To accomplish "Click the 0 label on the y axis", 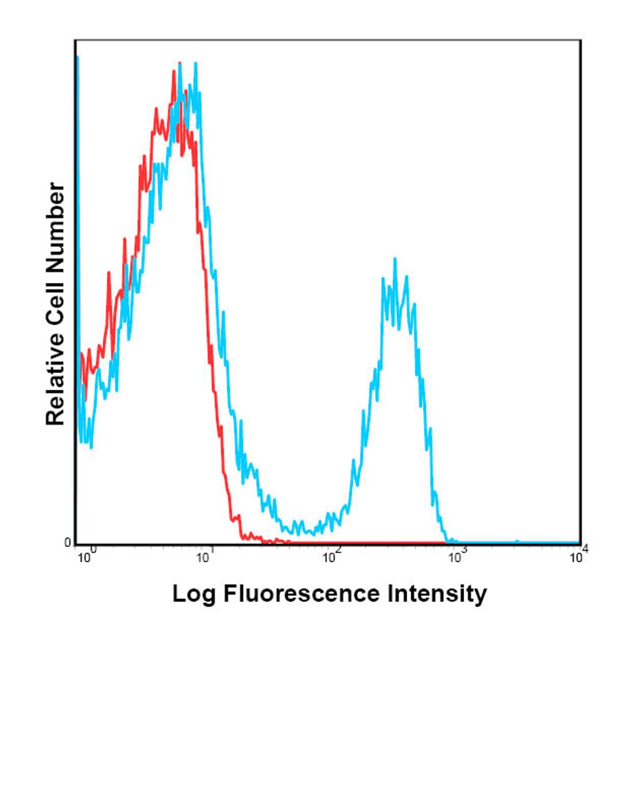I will [x=67, y=543].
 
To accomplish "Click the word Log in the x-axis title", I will [x=194, y=594].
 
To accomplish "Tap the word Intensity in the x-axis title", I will [x=437, y=593].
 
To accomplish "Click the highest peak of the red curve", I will [x=180, y=63].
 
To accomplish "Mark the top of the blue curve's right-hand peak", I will [x=395, y=259].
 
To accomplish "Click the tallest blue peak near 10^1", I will [x=196, y=63].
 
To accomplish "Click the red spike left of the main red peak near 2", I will [x=109, y=273].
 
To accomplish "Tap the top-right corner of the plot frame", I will [x=580, y=41].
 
